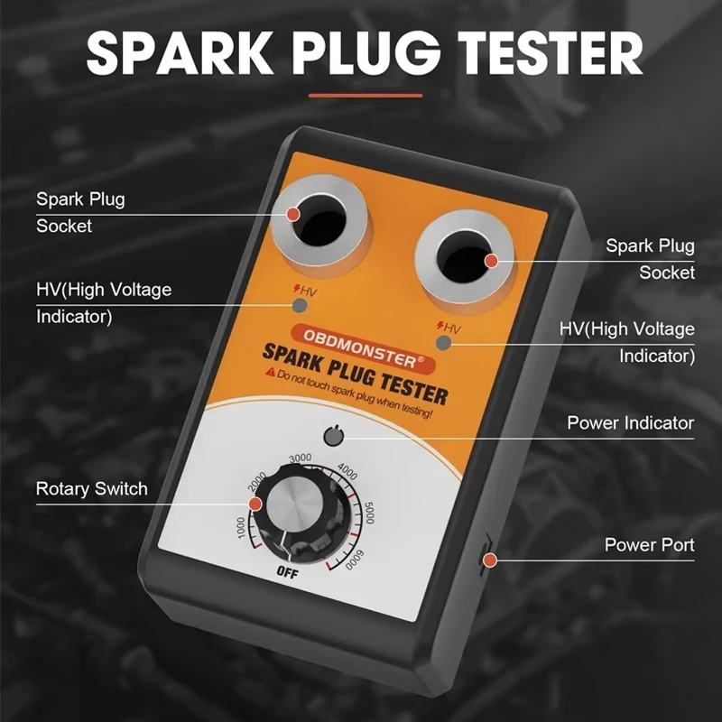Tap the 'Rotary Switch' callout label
click(x=91, y=489)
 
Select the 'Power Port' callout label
click(x=649, y=544)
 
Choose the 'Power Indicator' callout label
click(x=630, y=422)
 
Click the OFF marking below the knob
click(x=288, y=570)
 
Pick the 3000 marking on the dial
click(x=301, y=458)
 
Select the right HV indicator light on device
click(x=443, y=343)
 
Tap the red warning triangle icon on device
click(x=267, y=372)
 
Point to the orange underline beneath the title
click(x=365, y=94)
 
